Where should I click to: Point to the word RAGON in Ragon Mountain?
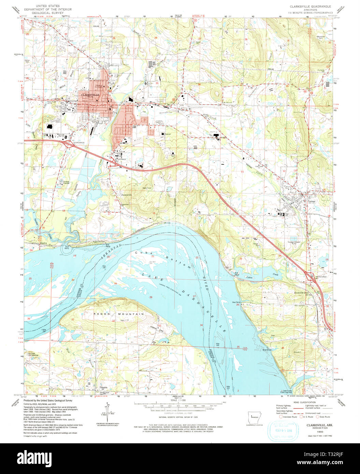point(99,313)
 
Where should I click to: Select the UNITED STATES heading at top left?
point(48,6)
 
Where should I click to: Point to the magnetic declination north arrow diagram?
point(107,412)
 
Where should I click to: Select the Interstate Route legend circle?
point(281,416)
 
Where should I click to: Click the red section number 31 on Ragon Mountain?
point(73,319)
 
